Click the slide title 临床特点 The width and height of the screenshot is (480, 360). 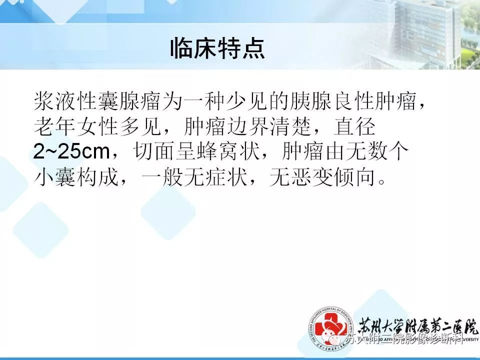pos(217,48)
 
